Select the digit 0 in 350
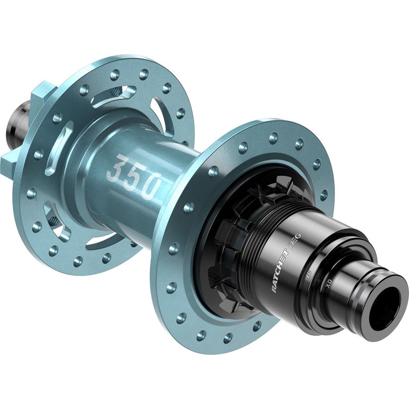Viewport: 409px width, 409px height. [x=149, y=187]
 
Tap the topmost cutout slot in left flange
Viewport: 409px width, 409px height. [x=115, y=95]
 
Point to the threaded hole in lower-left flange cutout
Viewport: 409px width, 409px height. [x=52, y=217]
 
